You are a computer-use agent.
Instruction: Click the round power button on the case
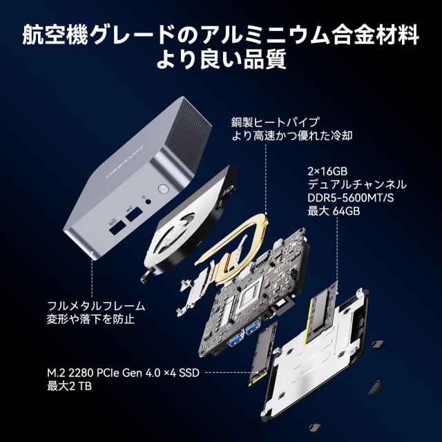pyautogui.click(x=163, y=188)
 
